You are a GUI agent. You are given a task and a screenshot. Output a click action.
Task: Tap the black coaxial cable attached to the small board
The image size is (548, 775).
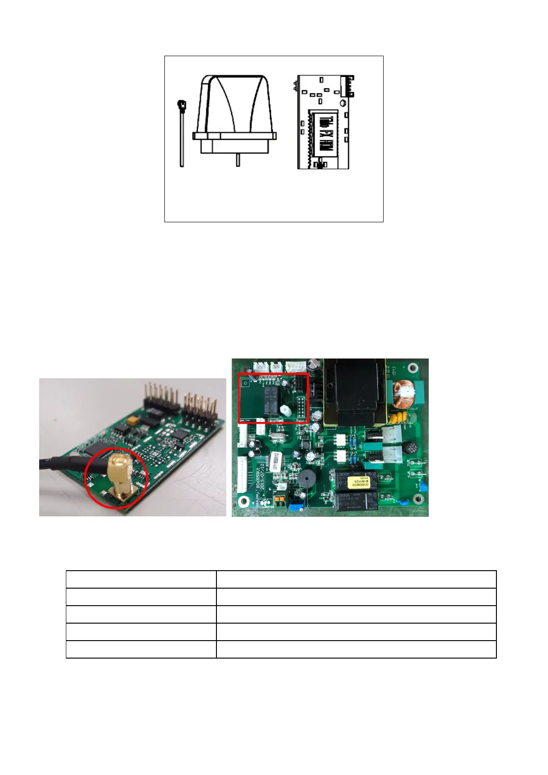[x=64, y=461]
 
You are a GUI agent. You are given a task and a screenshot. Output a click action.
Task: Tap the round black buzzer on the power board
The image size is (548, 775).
[x=305, y=480]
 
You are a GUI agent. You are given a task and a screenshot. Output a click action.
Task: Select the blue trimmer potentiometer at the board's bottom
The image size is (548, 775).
[x=294, y=507]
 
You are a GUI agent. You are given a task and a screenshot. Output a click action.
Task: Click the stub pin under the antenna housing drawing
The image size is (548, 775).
[x=238, y=160]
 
